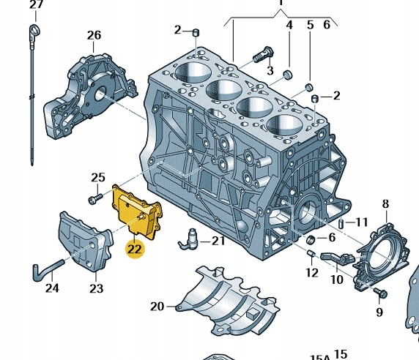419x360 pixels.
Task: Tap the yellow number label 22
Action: (x=134, y=249)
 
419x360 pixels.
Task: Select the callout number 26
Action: (x=94, y=34)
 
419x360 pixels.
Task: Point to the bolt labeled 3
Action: (x=264, y=53)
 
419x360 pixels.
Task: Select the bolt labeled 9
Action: (x=379, y=293)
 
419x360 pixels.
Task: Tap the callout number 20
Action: (x=157, y=306)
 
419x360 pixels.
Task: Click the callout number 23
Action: (x=97, y=288)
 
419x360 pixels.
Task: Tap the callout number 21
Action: (x=219, y=240)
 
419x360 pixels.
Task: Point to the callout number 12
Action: (x=312, y=273)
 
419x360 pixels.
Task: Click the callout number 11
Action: (x=361, y=222)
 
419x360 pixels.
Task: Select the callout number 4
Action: (x=289, y=25)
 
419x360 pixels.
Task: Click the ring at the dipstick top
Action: (x=34, y=30)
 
